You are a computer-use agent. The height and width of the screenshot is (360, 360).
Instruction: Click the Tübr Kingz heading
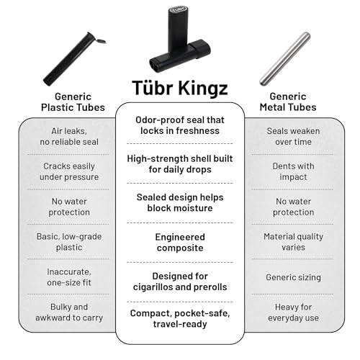pyautogui.click(x=180, y=88)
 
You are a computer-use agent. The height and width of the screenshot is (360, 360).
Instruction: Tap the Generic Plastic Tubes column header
pyautogui.click(x=73, y=102)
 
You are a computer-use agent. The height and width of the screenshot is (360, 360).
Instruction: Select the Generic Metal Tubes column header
pyautogui.click(x=288, y=102)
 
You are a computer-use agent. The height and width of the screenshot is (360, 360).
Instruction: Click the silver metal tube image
pyautogui.click(x=285, y=59)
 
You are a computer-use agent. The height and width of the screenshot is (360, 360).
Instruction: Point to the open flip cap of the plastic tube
pyautogui.click(x=101, y=41)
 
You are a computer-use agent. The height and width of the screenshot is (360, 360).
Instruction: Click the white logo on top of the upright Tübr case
pyautogui.click(x=178, y=10)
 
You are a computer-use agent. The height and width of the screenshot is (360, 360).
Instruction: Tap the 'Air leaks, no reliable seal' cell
pyautogui.click(x=69, y=136)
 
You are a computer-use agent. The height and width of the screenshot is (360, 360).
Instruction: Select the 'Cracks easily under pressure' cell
pyautogui.click(x=69, y=171)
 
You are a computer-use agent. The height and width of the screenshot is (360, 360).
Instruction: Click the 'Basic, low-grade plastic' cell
pyautogui.click(x=69, y=242)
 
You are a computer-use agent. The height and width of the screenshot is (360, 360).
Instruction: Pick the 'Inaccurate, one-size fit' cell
pyautogui.click(x=69, y=277)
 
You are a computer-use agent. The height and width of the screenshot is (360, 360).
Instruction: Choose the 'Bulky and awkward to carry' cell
pyautogui.click(x=69, y=312)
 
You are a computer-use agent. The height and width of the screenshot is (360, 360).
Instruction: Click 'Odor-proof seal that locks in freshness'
pyautogui.click(x=180, y=125)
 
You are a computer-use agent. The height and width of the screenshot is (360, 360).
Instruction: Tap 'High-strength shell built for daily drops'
pyautogui.click(x=180, y=164)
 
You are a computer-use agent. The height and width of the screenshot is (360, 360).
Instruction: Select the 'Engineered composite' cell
pyautogui.click(x=180, y=243)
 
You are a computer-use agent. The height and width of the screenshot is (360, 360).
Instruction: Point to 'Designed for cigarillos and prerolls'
pyautogui.click(x=180, y=282)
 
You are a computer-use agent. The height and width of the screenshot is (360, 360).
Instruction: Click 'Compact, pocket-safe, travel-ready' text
pyautogui.click(x=180, y=319)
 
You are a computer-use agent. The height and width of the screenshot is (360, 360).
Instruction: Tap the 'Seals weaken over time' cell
pyautogui.click(x=293, y=136)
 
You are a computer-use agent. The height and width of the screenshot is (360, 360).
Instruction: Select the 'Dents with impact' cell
pyautogui.click(x=293, y=171)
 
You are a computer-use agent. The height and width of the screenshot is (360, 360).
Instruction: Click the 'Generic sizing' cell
pyautogui.click(x=293, y=277)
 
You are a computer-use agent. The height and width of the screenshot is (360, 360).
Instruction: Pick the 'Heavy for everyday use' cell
pyautogui.click(x=293, y=312)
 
